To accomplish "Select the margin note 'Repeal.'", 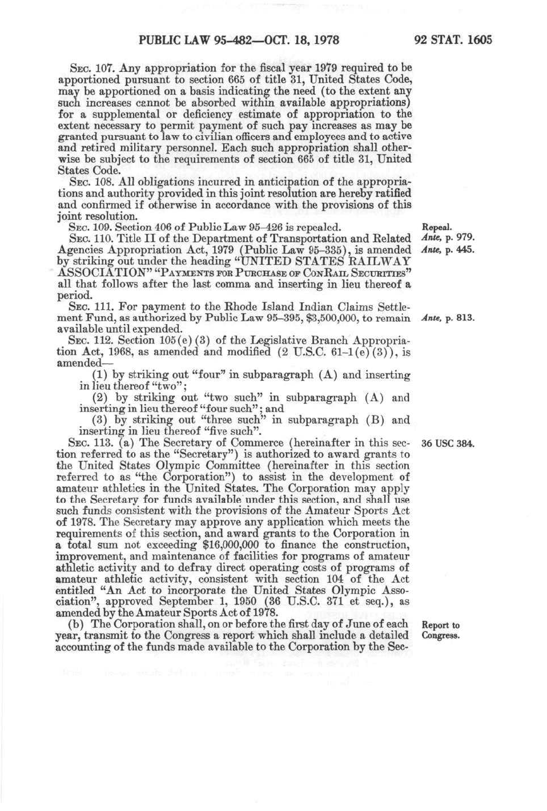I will [437, 228].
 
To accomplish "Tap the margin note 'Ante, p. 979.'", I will [448, 239].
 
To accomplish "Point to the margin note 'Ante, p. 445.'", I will [448, 250].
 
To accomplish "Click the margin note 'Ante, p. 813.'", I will [448, 318].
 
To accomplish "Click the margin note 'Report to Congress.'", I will [441, 631].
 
